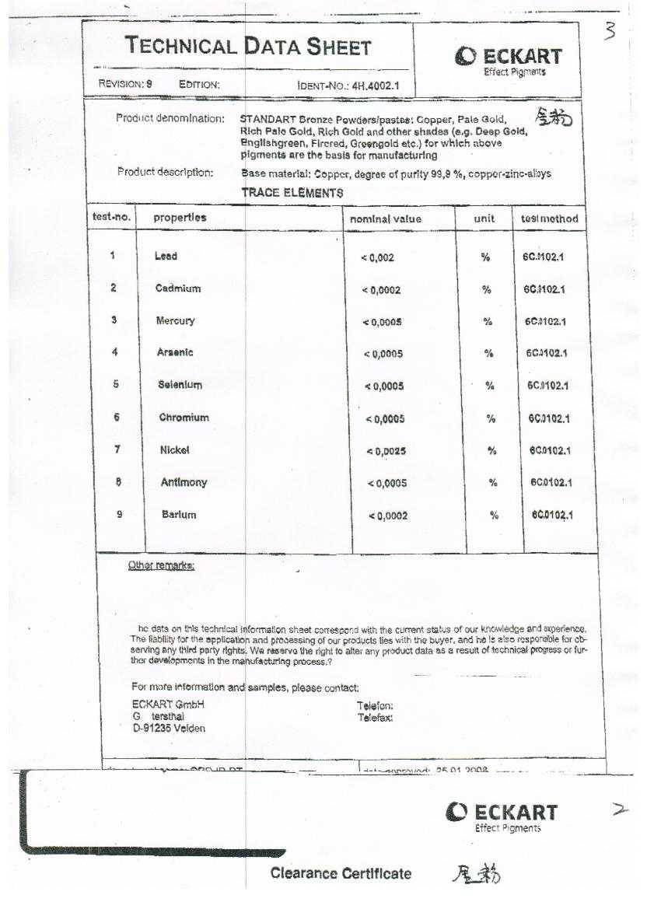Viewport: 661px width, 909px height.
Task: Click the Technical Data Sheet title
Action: (249, 47)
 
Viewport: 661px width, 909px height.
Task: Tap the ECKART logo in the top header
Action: (509, 60)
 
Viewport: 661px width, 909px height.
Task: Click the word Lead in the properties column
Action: (166, 257)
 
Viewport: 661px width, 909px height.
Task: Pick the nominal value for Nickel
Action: (386, 451)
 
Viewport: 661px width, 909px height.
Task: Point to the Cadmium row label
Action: (178, 288)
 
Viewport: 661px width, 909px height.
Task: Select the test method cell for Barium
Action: (552, 515)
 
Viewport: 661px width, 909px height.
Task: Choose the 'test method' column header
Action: (549, 219)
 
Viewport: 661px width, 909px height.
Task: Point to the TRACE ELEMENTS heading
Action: (292, 193)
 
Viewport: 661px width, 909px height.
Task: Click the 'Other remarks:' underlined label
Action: (161, 565)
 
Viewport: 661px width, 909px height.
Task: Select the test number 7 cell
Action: (117, 449)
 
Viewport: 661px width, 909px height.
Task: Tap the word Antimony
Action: (184, 482)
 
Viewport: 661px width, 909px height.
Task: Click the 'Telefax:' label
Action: (375, 718)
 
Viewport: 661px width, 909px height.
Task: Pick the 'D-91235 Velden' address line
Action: (169, 729)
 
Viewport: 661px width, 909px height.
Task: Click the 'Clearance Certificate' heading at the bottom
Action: (341, 874)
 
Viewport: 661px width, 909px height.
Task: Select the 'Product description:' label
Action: (165, 173)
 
